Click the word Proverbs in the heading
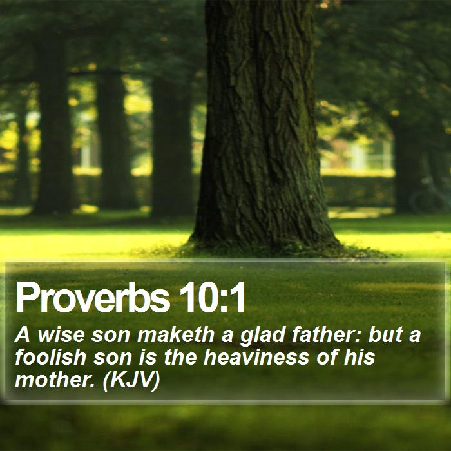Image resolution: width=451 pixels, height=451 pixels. pos(93,298)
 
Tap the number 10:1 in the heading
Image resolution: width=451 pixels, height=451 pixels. pos(212,297)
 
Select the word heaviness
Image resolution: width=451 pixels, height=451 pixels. pos(256,357)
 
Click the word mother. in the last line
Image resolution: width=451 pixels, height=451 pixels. pos(55,379)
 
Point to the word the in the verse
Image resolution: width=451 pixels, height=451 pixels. pos(180,357)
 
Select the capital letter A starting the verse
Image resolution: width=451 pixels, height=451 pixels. pos(23,335)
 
